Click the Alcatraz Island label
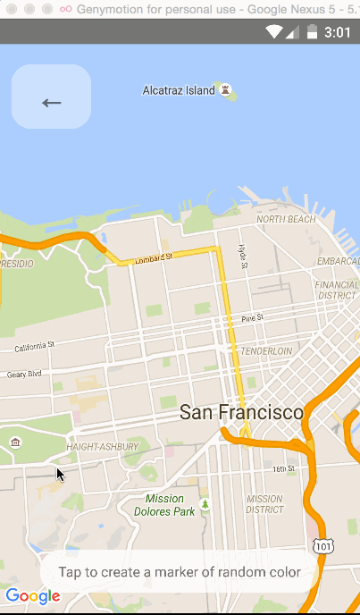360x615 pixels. pos(179,90)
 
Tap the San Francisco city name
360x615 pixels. pos(241,413)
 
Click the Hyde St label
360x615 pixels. pos(241,257)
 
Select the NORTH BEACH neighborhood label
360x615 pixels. pos(286,219)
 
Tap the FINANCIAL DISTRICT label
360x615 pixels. pos(336,290)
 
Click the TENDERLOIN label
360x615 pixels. pos(266,351)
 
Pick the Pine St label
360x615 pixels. pos(252,318)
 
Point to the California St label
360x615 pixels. pos(35,345)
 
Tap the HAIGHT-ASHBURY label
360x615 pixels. pos(103,446)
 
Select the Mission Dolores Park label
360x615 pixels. pos(164,505)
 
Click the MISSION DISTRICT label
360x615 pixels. pos(264,505)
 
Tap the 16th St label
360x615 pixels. pos(283,468)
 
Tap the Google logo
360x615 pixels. pos(32,596)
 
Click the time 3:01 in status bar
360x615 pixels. pos(338,32)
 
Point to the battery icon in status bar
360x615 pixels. pos(312,32)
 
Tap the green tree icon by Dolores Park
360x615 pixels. pos(205,506)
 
